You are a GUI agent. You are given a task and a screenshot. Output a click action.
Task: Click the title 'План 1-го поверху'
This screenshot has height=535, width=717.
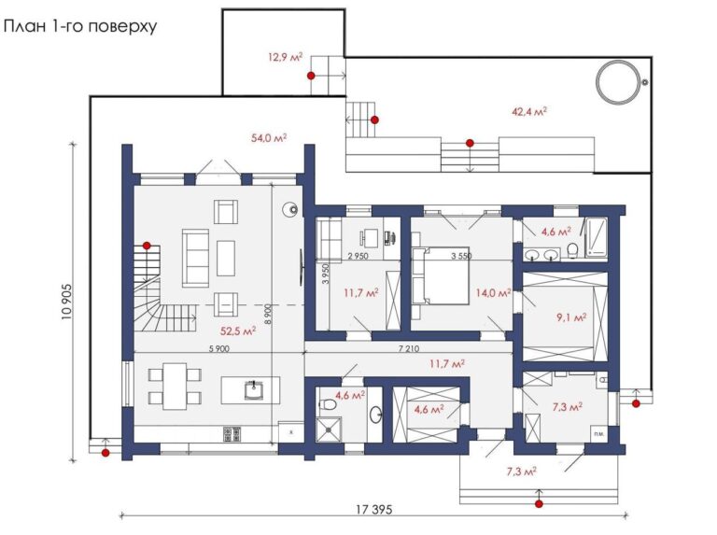click(x=80, y=26)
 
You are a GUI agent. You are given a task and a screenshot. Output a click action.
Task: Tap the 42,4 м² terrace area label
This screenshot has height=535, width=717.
click(x=529, y=111)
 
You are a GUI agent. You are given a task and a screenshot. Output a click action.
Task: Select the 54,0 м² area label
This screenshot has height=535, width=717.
click(x=269, y=137)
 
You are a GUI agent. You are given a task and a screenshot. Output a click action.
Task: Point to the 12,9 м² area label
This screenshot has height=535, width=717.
click(x=286, y=57)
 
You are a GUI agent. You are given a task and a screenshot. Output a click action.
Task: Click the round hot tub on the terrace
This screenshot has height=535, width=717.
click(x=617, y=82)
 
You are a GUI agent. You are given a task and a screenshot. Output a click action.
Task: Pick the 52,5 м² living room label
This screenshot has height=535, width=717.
click(x=238, y=331)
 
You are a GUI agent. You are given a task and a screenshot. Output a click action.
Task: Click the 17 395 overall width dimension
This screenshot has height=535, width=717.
click(x=374, y=510)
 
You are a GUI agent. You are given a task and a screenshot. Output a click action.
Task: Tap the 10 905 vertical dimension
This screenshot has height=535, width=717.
click(x=67, y=302)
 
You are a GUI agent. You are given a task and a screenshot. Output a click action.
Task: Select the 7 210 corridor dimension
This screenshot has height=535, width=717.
click(x=409, y=349)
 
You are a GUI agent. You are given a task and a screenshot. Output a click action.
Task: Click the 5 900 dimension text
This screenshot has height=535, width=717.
click(x=219, y=349)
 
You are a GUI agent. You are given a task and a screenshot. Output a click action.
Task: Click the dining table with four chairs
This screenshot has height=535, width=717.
click(x=175, y=387)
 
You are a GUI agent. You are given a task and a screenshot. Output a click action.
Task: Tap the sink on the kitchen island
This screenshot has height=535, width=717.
click(x=253, y=389)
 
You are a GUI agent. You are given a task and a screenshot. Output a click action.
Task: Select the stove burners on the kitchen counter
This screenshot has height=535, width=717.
click(x=232, y=434)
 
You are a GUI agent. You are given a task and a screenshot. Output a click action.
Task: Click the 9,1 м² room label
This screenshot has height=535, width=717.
click(x=571, y=317)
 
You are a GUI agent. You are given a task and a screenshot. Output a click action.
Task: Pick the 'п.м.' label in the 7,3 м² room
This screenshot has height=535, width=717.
click(x=598, y=433)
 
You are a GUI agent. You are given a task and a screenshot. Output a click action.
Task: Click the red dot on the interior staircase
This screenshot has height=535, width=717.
click(x=147, y=246)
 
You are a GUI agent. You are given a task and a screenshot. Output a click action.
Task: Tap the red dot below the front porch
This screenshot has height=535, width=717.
click(x=540, y=504)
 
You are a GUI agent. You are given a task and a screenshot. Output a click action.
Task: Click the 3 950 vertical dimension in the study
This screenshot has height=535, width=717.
click(x=326, y=274)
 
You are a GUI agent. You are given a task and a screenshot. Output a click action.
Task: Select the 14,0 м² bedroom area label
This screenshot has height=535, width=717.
click(x=493, y=292)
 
